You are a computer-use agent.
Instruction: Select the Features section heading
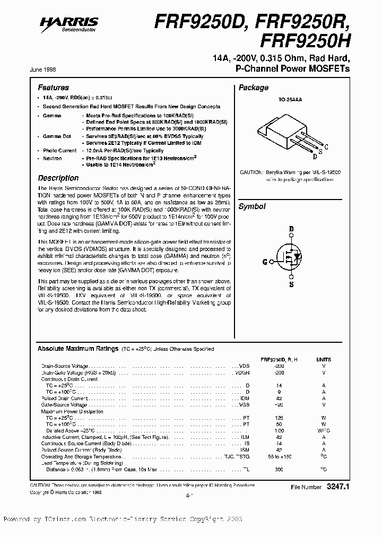pos(53,88)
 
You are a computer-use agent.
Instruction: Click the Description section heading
pos(58,178)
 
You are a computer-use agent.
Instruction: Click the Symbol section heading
pos(251,206)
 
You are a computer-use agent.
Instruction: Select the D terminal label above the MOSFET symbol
pos(291,229)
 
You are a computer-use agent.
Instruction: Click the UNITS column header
pos(323,359)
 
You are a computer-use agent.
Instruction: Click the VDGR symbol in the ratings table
pos(243,373)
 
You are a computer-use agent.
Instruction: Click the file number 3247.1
pos(335,487)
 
